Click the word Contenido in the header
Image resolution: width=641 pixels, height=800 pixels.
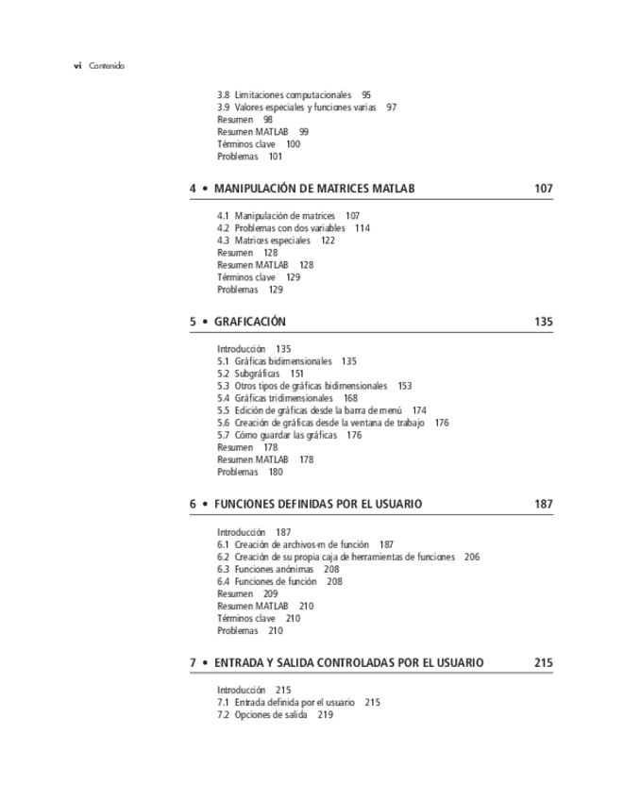[107, 66]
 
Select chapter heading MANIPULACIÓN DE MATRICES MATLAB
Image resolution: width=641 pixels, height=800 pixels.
[313, 189]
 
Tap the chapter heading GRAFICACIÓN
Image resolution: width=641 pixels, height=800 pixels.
[249, 322]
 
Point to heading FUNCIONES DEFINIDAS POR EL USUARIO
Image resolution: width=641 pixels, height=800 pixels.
[317, 505]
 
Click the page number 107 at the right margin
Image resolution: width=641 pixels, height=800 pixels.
[543, 189]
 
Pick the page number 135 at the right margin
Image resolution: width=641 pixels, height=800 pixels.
[543, 322]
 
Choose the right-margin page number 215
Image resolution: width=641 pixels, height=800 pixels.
[543, 663]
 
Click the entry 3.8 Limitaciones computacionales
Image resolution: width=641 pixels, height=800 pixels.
[283, 95]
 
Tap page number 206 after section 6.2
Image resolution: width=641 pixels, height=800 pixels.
[472, 558]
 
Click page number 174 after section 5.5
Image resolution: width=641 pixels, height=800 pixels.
[419, 410]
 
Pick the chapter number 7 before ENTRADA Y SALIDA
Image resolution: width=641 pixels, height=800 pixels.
[193, 663]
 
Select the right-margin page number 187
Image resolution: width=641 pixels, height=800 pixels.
[543, 505]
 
